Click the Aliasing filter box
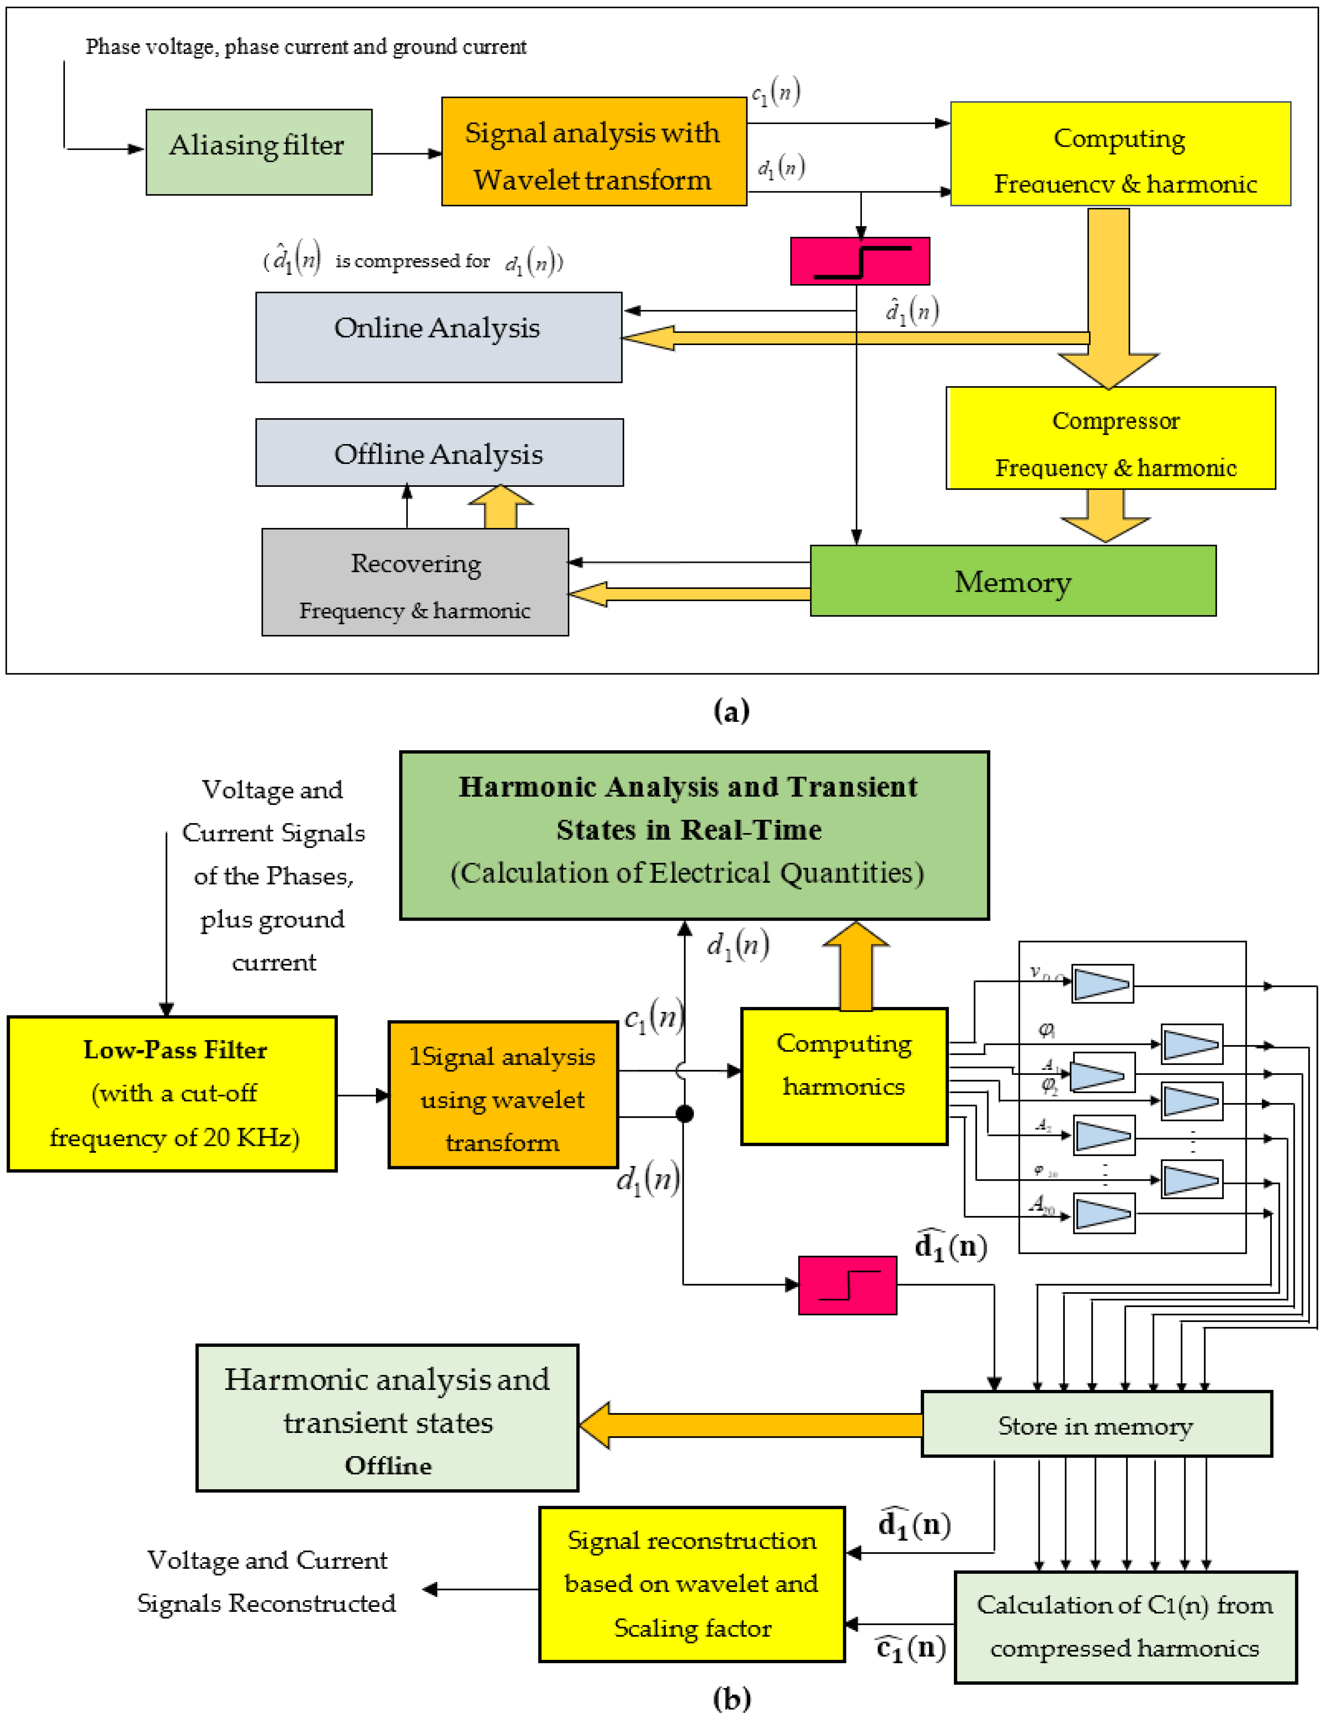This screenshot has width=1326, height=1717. coord(259,152)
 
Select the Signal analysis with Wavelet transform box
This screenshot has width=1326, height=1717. coord(593,152)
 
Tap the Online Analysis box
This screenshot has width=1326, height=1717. coord(438,337)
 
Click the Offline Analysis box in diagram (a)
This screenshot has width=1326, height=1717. coord(439,453)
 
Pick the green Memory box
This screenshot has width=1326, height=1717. coord(1012,581)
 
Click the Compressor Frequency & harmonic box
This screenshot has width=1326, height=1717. coord(1110,438)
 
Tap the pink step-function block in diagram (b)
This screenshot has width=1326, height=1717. coord(847,1285)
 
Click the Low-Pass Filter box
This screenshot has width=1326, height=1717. coord(172,1094)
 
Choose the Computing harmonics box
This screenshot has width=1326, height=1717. coord(844,1076)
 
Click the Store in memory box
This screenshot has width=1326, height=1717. coord(1096,1425)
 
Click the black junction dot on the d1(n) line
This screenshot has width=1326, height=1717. coord(685,1114)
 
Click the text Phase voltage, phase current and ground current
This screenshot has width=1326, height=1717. coord(306,47)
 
